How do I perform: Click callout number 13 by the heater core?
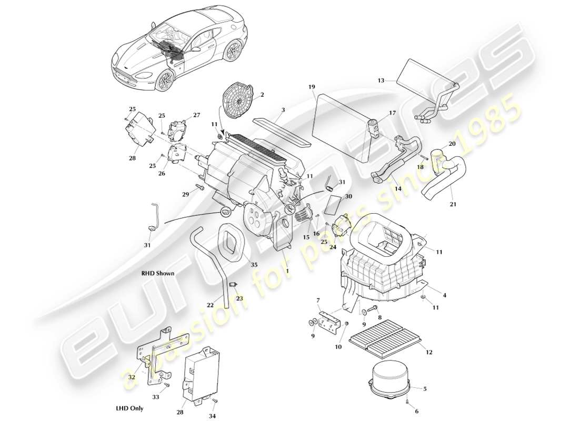381,81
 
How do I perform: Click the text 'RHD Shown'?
157,274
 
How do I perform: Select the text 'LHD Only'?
129,408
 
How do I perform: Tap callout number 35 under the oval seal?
254,265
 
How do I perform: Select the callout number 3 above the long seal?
283,110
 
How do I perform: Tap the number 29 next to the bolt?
185,195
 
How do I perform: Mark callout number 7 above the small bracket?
318,300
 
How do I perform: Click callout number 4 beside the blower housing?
444,295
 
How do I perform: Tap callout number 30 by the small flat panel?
348,196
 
